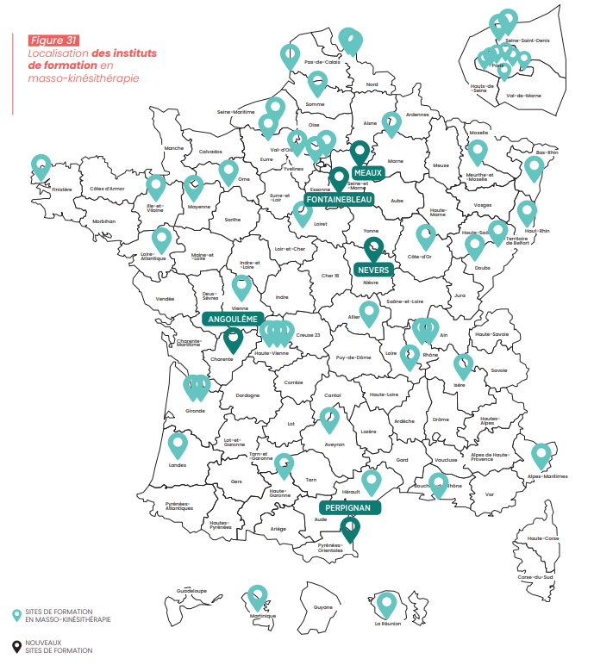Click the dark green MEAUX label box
[x=366, y=172]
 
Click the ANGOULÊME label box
[x=230, y=318]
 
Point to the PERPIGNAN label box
[x=348, y=508]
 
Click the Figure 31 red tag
[x=53, y=40]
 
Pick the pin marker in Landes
[x=178, y=444]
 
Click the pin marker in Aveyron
[x=329, y=419]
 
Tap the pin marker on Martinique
[x=257, y=597]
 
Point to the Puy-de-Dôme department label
[x=353, y=357]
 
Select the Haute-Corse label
[x=543, y=538]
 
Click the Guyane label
[x=322, y=608]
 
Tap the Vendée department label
[x=165, y=299]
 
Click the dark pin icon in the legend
[x=16, y=647]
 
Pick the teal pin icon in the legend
[x=16, y=615]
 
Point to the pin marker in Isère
[x=464, y=365]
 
